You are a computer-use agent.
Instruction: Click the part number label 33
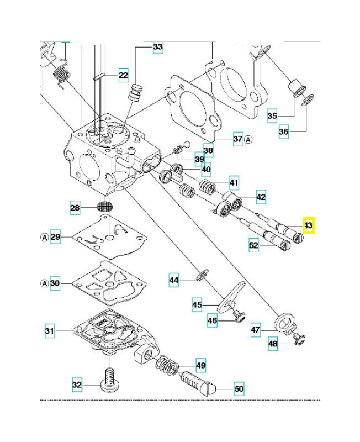[x=158, y=46]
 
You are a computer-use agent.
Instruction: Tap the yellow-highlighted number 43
[x=309, y=225]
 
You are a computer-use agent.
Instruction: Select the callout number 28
[x=75, y=208]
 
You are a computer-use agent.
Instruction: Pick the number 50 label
[x=239, y=389]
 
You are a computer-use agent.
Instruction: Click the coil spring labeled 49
[x=167, y=366]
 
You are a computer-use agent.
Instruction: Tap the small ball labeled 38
[x=187, y=145]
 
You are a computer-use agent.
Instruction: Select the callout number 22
[x=123, y=75]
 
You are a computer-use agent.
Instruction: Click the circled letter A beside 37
[x=248, y=139]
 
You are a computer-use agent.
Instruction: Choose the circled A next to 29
[x=45, y=238]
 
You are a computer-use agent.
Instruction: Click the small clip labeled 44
[x=203, y=275]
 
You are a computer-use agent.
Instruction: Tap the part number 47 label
[x=256, y=330]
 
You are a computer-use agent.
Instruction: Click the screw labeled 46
[x=239, y=316]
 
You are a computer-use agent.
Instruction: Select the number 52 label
[x=253, y=245]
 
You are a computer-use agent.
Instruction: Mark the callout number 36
[x=284, y=131]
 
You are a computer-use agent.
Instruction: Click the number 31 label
[x=50, y=330]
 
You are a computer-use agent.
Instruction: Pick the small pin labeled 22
[x=99, y=77]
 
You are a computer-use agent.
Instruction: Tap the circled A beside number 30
[x=45, y=283]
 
